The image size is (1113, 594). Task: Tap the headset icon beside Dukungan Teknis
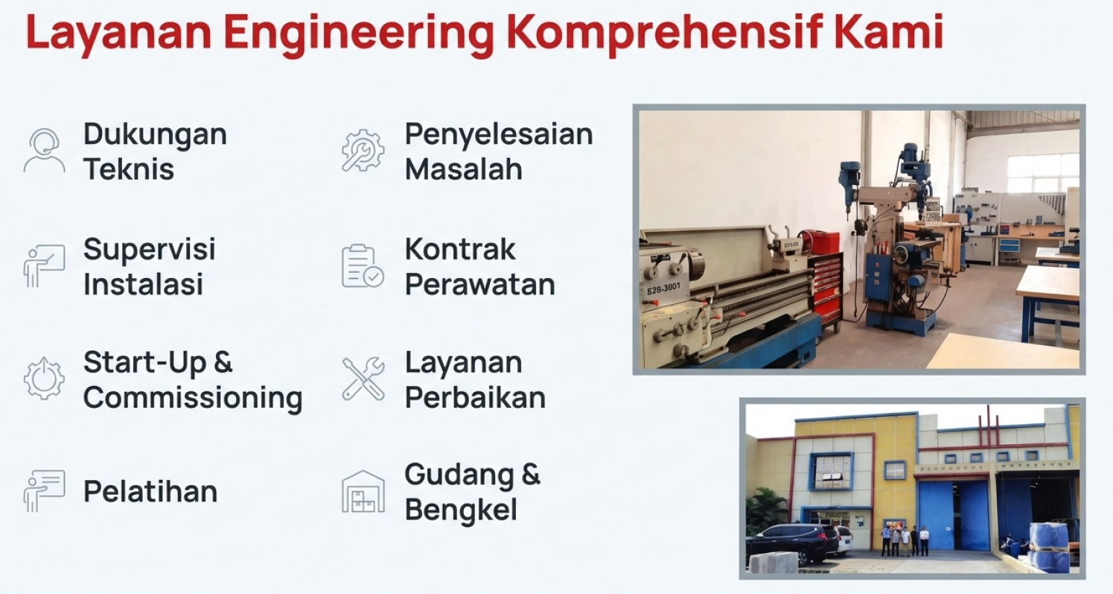click(44, 151)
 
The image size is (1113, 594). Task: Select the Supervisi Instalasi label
click(149, 266)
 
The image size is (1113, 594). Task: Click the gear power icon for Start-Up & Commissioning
click(44, 379)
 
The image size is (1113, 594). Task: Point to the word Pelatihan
click(150, 492)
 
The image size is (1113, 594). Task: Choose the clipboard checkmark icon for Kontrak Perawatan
click(363, 265)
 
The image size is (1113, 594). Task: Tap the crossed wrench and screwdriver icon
click(363, 379)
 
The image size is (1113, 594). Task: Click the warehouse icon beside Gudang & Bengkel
click(363, 492)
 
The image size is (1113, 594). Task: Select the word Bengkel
click(461, 511)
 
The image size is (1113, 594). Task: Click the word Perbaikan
click(475, 397)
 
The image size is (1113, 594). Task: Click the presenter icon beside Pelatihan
click(44, 492)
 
